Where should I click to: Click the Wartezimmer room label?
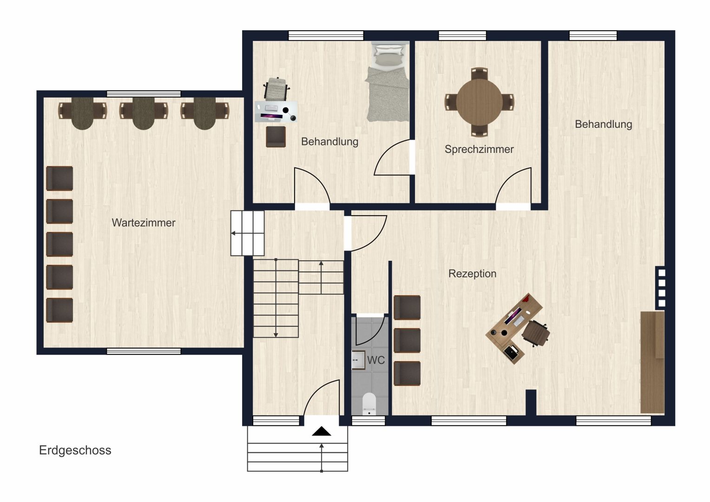(143, 223)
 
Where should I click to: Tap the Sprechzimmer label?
(479, 149)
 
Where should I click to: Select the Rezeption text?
(472, 274)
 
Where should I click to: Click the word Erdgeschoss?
(75, 450)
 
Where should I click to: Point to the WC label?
(376, 360)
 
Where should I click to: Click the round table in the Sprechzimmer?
(479, 102)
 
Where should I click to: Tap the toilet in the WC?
(369, 404)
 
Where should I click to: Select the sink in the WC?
(358, 360)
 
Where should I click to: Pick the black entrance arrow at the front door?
(322, 431)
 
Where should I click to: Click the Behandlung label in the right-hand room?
(603, 124)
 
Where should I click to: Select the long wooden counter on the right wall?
(652, 362)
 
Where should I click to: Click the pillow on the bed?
(388, 50)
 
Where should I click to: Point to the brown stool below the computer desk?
(276, 137)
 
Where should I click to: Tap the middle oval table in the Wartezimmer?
(144, 113)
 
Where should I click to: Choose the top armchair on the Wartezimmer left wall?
(59, 178)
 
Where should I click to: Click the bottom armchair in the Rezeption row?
(408, 373)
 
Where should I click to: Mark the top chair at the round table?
(479, 73)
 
